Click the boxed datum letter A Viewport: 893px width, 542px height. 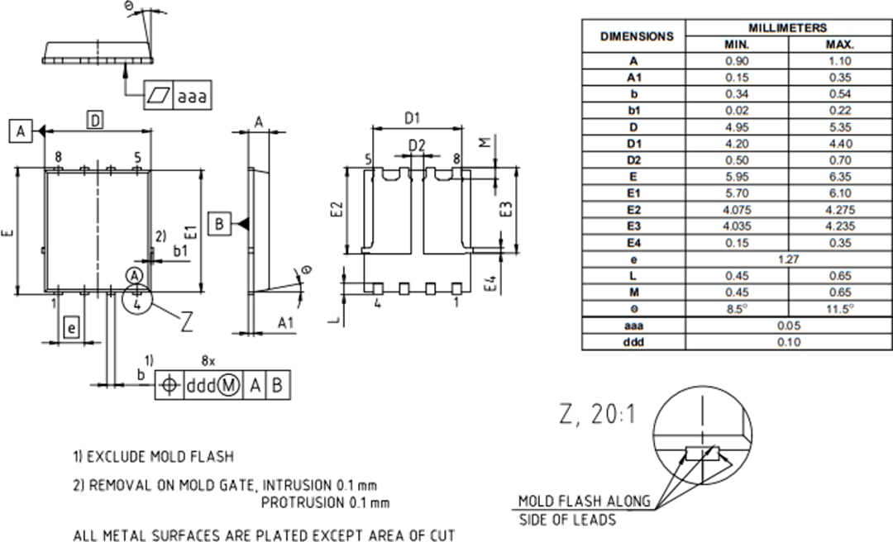[21, 131]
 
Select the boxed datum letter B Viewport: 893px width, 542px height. [218, 224]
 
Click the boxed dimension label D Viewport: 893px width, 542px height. [96, 121]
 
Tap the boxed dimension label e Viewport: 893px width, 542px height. [71, 329]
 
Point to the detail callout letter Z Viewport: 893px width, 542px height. [187, 321]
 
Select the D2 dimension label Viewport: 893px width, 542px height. [417, 146]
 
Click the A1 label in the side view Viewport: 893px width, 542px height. [286, 323]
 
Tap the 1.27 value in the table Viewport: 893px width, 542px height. [789, 259]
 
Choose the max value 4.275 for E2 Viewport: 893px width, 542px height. [840, 210]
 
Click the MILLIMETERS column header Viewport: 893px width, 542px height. [788, 28]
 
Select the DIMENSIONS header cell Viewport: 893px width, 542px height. [636, 36]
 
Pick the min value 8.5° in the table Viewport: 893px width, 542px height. [737, 309]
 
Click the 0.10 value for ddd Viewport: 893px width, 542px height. [789, 342]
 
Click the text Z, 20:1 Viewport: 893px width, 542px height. [597, 415]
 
